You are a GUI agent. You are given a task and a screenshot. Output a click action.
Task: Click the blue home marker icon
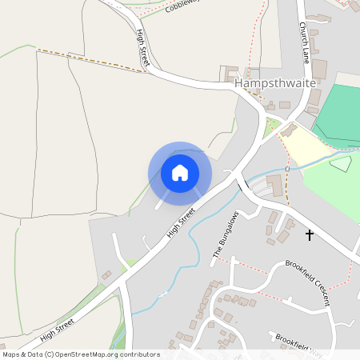click(x=180, y=173)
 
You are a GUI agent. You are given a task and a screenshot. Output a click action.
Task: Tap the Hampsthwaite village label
click(x=274, y=83)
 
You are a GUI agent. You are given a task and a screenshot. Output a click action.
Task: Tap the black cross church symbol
click(x=310, y=235)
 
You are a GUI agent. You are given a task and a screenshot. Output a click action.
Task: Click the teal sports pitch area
click(x=341, y=112)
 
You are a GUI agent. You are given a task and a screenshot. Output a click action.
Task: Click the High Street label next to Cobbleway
click(x=144, y=47)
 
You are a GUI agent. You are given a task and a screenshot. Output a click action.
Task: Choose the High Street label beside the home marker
click(x=181, y=222)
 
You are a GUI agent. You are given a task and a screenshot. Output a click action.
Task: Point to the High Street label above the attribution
click(x=57, y=328)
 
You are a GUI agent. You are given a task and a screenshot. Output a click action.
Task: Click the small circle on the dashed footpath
click(x=287, y=170)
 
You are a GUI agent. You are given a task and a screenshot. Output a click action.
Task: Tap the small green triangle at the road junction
click(x=271, y=125)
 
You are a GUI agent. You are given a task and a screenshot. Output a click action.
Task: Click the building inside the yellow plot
click(x=289, y=130)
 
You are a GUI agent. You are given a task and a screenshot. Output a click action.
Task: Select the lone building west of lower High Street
click(x=106, y=275)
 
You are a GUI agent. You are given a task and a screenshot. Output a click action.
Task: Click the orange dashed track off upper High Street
click(x=92, y=61)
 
